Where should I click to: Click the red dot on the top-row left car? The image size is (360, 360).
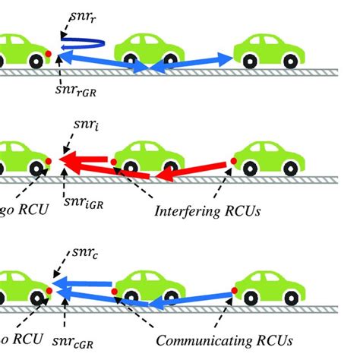click(x=50, y=52)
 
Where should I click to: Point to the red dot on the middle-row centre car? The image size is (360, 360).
click(x=114, y=161)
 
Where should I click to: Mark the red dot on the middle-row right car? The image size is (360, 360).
click(x=233, y=161)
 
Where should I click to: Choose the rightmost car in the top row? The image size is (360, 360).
click(x=270, y=50)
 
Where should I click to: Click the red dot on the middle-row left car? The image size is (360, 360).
click(x=50, y=161)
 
